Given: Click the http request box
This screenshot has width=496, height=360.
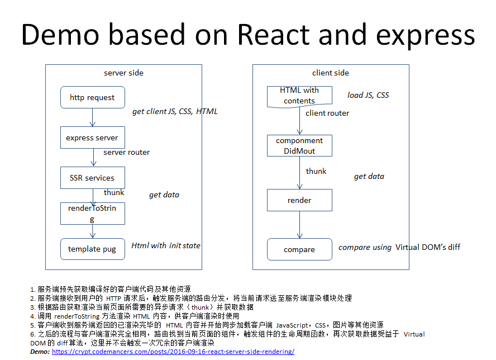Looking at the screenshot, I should (x=92, y=97).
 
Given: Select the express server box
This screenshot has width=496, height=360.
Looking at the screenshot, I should (x=92, y=138).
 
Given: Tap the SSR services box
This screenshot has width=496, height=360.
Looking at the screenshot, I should (x=92, y=178).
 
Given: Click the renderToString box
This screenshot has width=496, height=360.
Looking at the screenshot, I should (x=92, y=213).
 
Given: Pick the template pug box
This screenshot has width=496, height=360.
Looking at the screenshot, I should (x=92, y=249).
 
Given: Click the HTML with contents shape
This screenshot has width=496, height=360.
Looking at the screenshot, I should (x=299, y=96).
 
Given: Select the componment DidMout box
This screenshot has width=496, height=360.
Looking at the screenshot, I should (x=299, y=145).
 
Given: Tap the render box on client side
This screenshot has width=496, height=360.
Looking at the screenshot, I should (x=299, y=200).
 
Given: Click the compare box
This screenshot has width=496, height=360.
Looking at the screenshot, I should (x=299, y=249).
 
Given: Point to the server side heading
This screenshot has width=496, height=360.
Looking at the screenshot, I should (x=123, y=73).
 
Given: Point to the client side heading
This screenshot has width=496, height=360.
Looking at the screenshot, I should (x=330, y=73).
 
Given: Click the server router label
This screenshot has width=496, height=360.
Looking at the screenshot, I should (x=127, y=152).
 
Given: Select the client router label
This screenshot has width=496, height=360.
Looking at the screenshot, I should (x=327, y=113).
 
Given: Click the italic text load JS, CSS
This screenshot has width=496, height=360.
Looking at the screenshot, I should (x=368, y=95).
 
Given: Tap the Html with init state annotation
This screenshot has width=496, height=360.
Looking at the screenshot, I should (x=166, y=245).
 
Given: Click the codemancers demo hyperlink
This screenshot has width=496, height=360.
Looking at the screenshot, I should (x=173, y=352).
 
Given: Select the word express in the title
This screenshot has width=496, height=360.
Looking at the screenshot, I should (x=426, y=35).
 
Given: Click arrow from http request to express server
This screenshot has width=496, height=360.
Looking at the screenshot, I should (x=93, y=117).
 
